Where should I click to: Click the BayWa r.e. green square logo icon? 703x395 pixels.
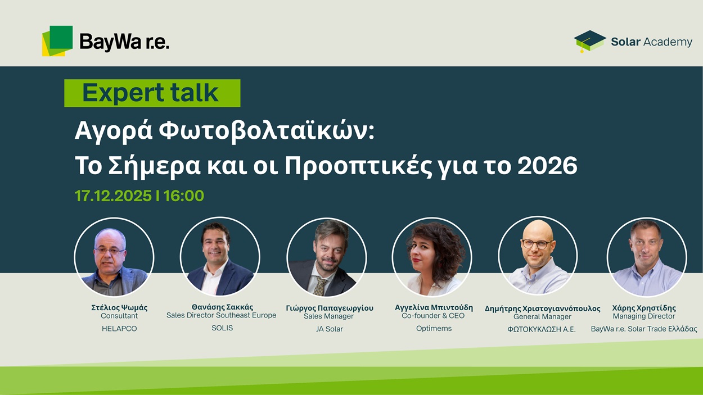[57, 40]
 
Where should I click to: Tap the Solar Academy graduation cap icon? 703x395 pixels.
[589, 41]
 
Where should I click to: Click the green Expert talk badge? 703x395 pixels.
[152, 93]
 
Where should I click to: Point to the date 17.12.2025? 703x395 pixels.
[113, 196]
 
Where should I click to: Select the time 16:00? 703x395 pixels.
[184, 196]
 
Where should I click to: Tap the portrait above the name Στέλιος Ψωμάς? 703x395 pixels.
[114, 257]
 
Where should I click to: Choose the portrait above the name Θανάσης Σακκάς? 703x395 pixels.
[220, 257]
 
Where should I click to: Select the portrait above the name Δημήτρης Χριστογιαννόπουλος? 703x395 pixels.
[538, 256]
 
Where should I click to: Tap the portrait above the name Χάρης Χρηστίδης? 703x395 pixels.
[647, 257]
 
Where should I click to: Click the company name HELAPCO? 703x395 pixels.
[119, 328]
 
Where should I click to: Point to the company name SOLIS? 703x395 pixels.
[222, 328]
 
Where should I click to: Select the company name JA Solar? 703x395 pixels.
[330, 329]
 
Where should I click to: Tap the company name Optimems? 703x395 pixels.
[434, 328]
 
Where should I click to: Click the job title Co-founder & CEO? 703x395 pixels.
[433, 316]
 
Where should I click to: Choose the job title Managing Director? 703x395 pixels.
[644, 316]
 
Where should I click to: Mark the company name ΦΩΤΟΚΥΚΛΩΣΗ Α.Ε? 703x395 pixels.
[542, 329]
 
